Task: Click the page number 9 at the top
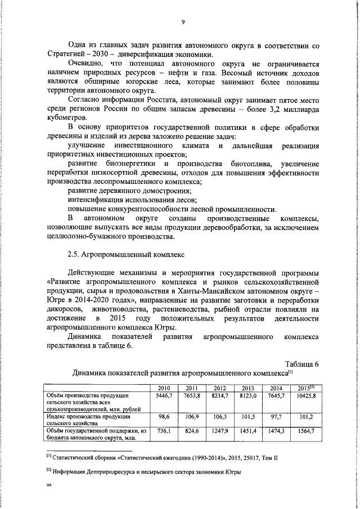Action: point(183,22)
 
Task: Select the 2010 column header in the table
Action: point(164,388)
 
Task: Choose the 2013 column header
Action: point(248,388)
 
